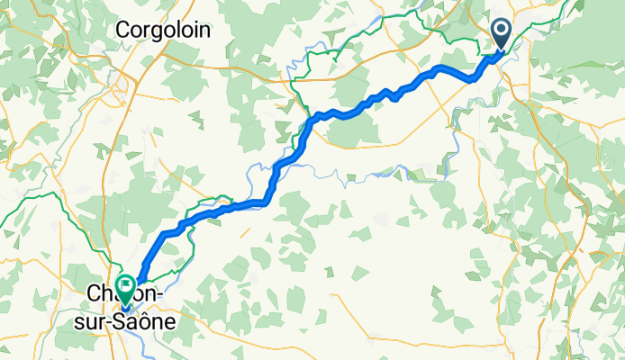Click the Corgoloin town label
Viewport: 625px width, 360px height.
click(164, 30)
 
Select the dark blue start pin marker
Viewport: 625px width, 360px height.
click(502, 37)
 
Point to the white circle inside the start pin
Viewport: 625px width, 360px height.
click(502, 32)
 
